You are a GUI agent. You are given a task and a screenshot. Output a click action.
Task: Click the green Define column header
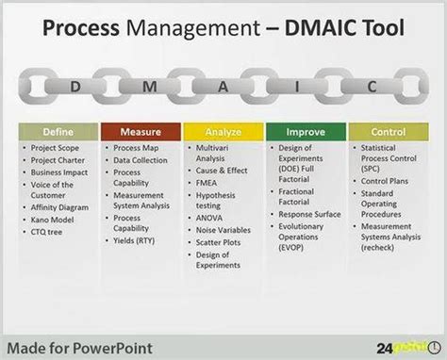coord(57,132)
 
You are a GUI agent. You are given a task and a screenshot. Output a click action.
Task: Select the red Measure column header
coord(139,132)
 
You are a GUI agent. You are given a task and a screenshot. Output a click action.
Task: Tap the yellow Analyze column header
coord(223,132)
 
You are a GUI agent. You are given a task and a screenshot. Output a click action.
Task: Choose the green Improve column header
coord(306,132)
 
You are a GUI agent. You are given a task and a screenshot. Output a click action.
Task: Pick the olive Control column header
coord(389,132)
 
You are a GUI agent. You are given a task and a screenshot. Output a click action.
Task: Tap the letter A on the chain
coord(223,86)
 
